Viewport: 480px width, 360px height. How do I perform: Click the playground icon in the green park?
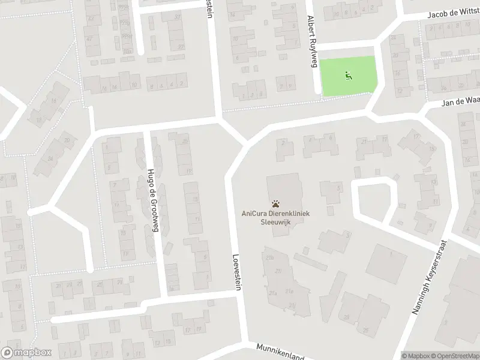pyautogui.click(x=347, y=76)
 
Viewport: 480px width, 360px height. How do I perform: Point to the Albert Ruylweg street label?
pyautogui.click(x=312, y=42)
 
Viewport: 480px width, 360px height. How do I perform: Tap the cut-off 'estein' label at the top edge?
pyautogui.click(x=210, y=7)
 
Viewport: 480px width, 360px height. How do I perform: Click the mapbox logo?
pyautogui.click(x=26, y=352)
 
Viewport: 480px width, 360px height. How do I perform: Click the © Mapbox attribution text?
pyautogui.click(x=416, y=356)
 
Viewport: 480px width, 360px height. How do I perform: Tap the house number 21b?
pyautogui.click(x=270, y=259)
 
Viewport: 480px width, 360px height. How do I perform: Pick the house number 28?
pyautogui.click(x=346, y=317)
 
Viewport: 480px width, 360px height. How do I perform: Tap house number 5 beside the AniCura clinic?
pyautogui.click(x=339, y=188)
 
